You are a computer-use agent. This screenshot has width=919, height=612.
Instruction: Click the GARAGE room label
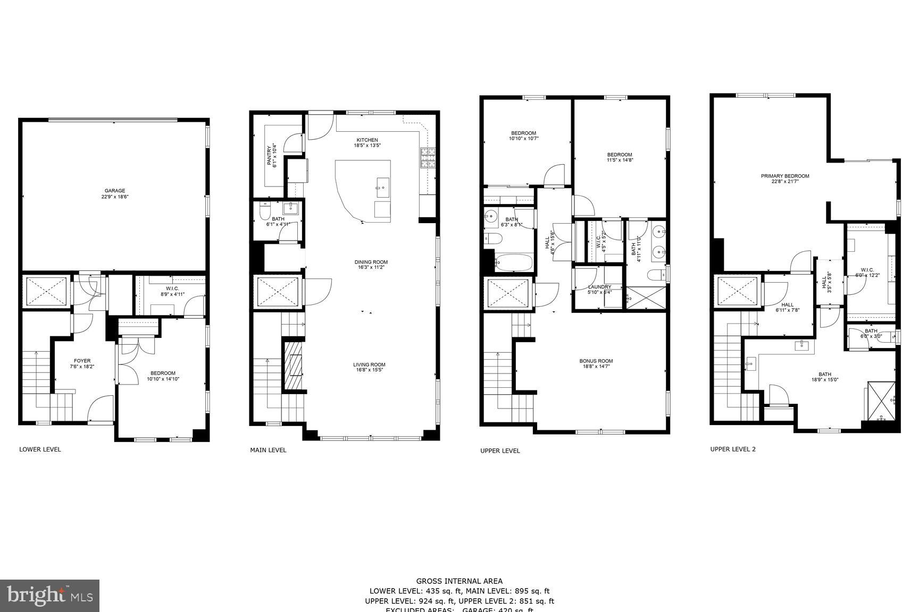coord(114,191)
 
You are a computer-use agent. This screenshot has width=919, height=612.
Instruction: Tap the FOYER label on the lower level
coord(82,361)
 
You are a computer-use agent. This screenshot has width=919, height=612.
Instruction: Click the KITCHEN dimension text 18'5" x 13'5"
coord(367,146)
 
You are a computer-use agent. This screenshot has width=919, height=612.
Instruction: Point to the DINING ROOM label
coord(371,262)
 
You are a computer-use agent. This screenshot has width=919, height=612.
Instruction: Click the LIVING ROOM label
coord(369,364)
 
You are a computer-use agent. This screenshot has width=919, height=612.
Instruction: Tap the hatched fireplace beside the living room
coord(293,366)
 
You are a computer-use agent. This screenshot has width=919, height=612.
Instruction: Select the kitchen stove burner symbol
coord(428,158)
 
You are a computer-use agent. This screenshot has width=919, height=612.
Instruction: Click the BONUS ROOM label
coord(596,361)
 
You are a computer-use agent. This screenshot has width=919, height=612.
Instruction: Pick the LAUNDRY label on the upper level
coord(599,287)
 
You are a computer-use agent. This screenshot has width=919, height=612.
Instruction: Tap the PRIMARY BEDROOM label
coord(784,176)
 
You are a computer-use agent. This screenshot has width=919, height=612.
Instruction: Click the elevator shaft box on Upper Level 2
coord(737,291)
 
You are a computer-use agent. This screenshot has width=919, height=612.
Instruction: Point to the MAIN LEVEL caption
coord(268,450)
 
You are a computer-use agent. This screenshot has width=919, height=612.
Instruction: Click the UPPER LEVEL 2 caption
coord(732,449)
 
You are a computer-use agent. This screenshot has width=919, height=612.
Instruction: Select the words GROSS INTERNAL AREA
coord(459,581)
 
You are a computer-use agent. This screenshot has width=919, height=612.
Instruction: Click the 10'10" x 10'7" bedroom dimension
coord(523,139)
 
